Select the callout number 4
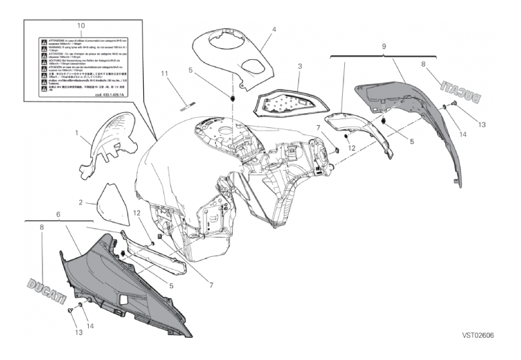(274, 30)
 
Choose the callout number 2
(79, 202)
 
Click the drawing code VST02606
(477, 334)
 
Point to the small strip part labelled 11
(187, 103)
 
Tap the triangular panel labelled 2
(109, 203)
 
